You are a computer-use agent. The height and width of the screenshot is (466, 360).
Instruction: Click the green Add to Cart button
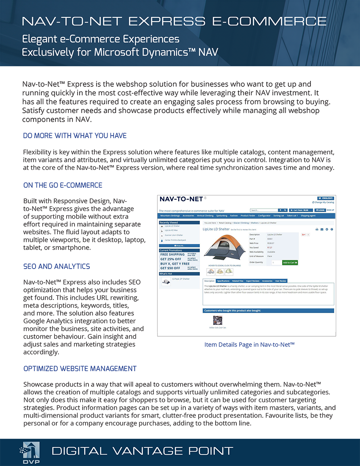[x=290, y=263]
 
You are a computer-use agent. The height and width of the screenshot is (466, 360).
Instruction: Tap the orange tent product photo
[x=224, y=249]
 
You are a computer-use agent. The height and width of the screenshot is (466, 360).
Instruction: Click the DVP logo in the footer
[x=30, y=452]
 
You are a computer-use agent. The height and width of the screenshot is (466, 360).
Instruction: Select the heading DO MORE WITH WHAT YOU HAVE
[x=75, y=136]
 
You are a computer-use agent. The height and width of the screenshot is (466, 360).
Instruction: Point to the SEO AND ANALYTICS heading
[x=56, y=266]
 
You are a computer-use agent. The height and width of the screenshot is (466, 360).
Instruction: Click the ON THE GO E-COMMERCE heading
[x=63, y=185]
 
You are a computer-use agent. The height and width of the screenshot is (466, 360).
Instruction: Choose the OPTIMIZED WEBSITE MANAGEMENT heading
[x=80, y=369]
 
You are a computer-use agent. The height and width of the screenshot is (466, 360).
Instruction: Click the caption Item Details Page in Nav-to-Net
[x=249, y=344]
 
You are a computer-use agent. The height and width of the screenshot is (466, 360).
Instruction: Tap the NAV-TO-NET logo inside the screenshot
[x=181, y=199]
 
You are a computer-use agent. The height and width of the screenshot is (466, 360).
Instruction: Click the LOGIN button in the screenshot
[x=320, y=210]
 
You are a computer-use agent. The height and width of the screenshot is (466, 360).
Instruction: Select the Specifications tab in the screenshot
[x=223, y=281]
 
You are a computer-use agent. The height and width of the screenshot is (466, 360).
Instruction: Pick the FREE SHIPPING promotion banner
[x=172, y=255]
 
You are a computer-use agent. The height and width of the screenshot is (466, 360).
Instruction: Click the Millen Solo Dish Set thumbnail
[x=218, y=320]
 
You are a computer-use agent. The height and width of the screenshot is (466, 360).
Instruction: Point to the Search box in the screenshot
[x=263, y=210]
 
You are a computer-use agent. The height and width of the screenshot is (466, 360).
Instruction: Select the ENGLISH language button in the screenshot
[x=325, y=198]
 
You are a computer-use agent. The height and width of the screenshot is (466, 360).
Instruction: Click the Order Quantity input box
[x=275, y=263]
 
